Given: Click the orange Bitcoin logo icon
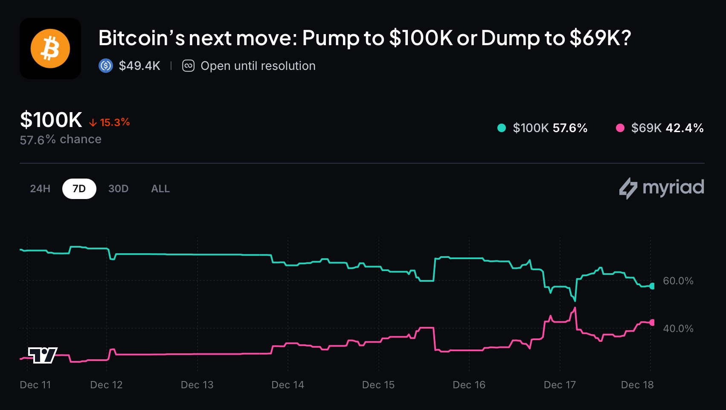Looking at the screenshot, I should (50, 49).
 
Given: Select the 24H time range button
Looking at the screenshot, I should (40, 189).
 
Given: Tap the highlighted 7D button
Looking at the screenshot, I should (79, 189).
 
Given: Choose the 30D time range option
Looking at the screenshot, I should (118, 189).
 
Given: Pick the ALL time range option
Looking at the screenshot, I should (160, 189).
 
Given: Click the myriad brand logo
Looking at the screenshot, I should (662, 188).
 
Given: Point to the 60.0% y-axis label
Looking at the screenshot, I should (678, 281).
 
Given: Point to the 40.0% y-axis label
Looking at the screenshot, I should (678, 329).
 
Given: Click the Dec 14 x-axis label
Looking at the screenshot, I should (287, 385).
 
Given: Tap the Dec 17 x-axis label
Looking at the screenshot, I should (560, 385).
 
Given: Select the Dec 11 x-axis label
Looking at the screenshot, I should (35, 385).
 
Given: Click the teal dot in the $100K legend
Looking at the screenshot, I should (502, 128).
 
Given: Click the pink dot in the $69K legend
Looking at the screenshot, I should (620, 128).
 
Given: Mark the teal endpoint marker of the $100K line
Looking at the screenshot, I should (652, 286).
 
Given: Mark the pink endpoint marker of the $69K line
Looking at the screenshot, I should (652, 323).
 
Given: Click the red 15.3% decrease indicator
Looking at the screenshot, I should (110, 123).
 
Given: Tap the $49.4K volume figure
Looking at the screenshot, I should (139, 66).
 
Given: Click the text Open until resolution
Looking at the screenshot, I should (258, 66).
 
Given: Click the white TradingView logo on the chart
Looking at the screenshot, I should (43, 355).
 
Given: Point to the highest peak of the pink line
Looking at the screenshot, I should (575, 308).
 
